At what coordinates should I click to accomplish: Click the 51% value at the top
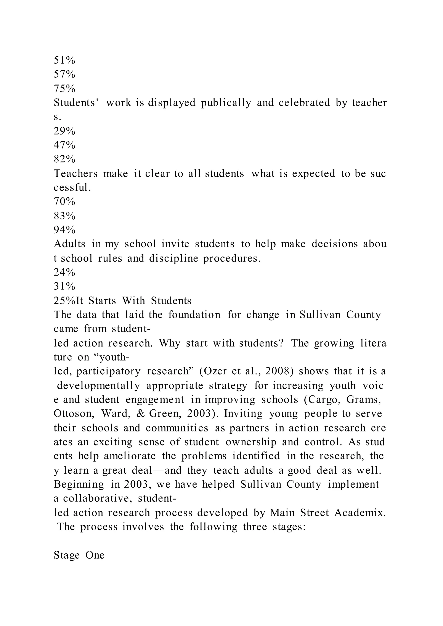pos(64,60)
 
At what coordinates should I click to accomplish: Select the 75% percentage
pos(64,89)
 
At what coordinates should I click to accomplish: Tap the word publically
pos(226,103)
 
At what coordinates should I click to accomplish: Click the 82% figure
pos(64,159)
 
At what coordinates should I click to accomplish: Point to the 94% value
pos(64,230)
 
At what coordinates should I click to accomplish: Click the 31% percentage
pos(64,286)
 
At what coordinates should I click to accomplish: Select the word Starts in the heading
pos(102,300)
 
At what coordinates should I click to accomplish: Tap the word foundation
pos(194,315)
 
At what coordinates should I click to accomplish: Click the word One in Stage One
pos(95,555)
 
